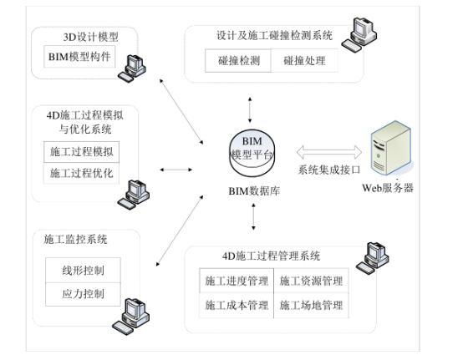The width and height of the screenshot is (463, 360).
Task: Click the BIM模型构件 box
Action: (x=80, y=58)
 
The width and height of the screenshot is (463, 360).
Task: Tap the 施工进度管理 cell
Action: (x=237, y=281)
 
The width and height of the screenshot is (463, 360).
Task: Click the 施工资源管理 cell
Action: (x=310, y=281)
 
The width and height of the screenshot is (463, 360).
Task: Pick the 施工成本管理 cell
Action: (x=237, y=306)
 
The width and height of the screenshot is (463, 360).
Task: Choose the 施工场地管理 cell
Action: (x=310, y=306)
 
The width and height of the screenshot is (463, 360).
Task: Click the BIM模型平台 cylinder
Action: (x=252, y=150)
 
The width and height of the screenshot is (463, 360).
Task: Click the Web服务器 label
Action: (x=388, y=189)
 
